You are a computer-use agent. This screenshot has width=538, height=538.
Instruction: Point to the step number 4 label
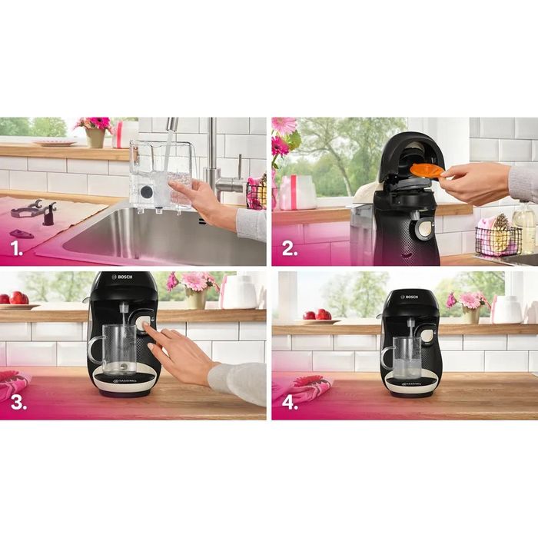[290, 403]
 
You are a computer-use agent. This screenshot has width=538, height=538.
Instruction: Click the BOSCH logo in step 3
[125, 277]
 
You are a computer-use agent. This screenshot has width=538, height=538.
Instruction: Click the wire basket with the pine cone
[497, 239]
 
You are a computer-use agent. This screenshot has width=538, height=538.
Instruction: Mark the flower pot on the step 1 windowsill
[95, 136]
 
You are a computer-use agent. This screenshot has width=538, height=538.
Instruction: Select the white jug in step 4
[508, 309]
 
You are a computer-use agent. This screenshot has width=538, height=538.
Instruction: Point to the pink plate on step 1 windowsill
[54, 142]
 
